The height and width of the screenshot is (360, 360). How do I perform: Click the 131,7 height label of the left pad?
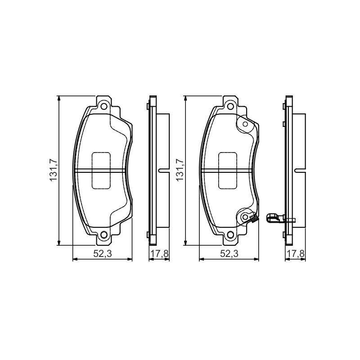[x=54, y=170]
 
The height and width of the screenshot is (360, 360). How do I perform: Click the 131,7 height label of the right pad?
[x=180, y=170]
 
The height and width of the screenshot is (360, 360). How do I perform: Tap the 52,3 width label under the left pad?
[x=103, y=253]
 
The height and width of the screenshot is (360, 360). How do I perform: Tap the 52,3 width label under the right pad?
[x=229, y=253]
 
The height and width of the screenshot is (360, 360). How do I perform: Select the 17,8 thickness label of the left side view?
[x=159, y=254]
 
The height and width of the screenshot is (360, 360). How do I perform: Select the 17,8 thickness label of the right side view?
[x=296, y=254]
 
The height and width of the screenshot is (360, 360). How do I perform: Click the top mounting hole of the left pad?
[x=104, y=107]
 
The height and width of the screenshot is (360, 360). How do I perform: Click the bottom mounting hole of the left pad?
[x=104, y=234]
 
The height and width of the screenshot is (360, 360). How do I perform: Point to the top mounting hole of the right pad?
[x=231, y=107]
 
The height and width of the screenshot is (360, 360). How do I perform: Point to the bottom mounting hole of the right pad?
[x=231, y=234]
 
